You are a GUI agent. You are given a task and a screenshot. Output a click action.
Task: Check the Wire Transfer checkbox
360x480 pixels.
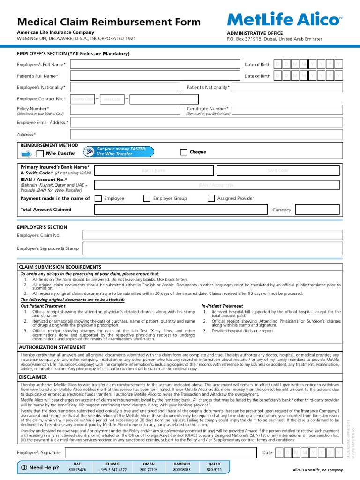[40, 153]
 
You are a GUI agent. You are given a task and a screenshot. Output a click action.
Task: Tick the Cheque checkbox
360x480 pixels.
[184, 152]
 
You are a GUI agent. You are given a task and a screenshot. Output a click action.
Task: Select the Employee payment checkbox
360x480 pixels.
[98, 198]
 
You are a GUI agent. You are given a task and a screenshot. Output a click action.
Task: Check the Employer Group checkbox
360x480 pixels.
[147, 198]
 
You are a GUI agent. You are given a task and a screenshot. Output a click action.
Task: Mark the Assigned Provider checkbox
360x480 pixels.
[211, 198]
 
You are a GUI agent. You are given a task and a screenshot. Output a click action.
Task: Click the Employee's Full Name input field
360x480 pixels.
[155, 64]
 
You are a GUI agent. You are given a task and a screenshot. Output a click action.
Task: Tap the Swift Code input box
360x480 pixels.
[278, 170]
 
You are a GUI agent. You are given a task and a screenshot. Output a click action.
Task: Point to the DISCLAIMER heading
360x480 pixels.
[33, 377]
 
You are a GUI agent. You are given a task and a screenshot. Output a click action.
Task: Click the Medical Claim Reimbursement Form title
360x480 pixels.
[109, 22]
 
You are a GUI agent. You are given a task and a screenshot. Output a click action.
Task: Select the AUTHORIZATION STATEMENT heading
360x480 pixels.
[52, 347]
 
